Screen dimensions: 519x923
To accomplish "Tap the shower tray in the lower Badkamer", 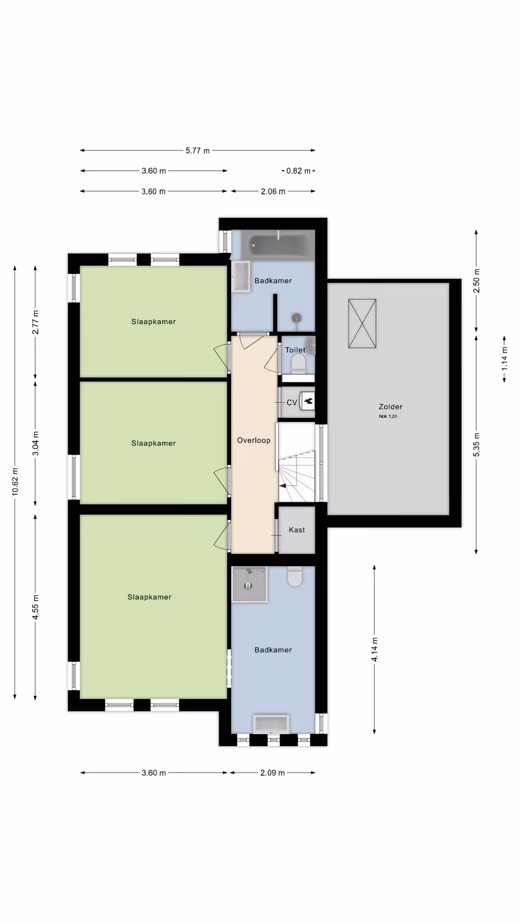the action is (x=249, y=584).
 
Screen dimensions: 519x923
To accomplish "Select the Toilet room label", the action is (x=295, y=350).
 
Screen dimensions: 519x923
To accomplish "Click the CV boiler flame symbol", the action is (x=308, y=401).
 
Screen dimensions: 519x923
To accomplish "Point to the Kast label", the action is (x=297, y=530).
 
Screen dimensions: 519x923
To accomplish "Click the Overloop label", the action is (x=254, y=440).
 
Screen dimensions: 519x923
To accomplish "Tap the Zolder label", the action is (x=390, y=407).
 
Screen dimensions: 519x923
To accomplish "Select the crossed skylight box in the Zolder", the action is (x=362, y=323).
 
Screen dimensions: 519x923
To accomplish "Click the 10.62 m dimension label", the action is (x=15, y=482).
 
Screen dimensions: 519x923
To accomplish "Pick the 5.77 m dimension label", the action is (x=198, y=150).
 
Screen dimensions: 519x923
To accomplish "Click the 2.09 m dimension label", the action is (x=272, y=773).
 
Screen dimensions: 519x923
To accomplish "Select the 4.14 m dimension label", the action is (x=374, y=649).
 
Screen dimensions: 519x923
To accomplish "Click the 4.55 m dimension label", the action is (x=36, y=607).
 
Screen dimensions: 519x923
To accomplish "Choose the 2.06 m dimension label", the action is (x=273, y=191).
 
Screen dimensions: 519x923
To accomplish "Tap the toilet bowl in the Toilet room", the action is (x=298, y=364).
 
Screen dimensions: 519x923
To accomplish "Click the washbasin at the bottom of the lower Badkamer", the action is (x=272, y=723).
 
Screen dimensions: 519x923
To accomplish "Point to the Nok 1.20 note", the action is (x=388, y=416).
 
